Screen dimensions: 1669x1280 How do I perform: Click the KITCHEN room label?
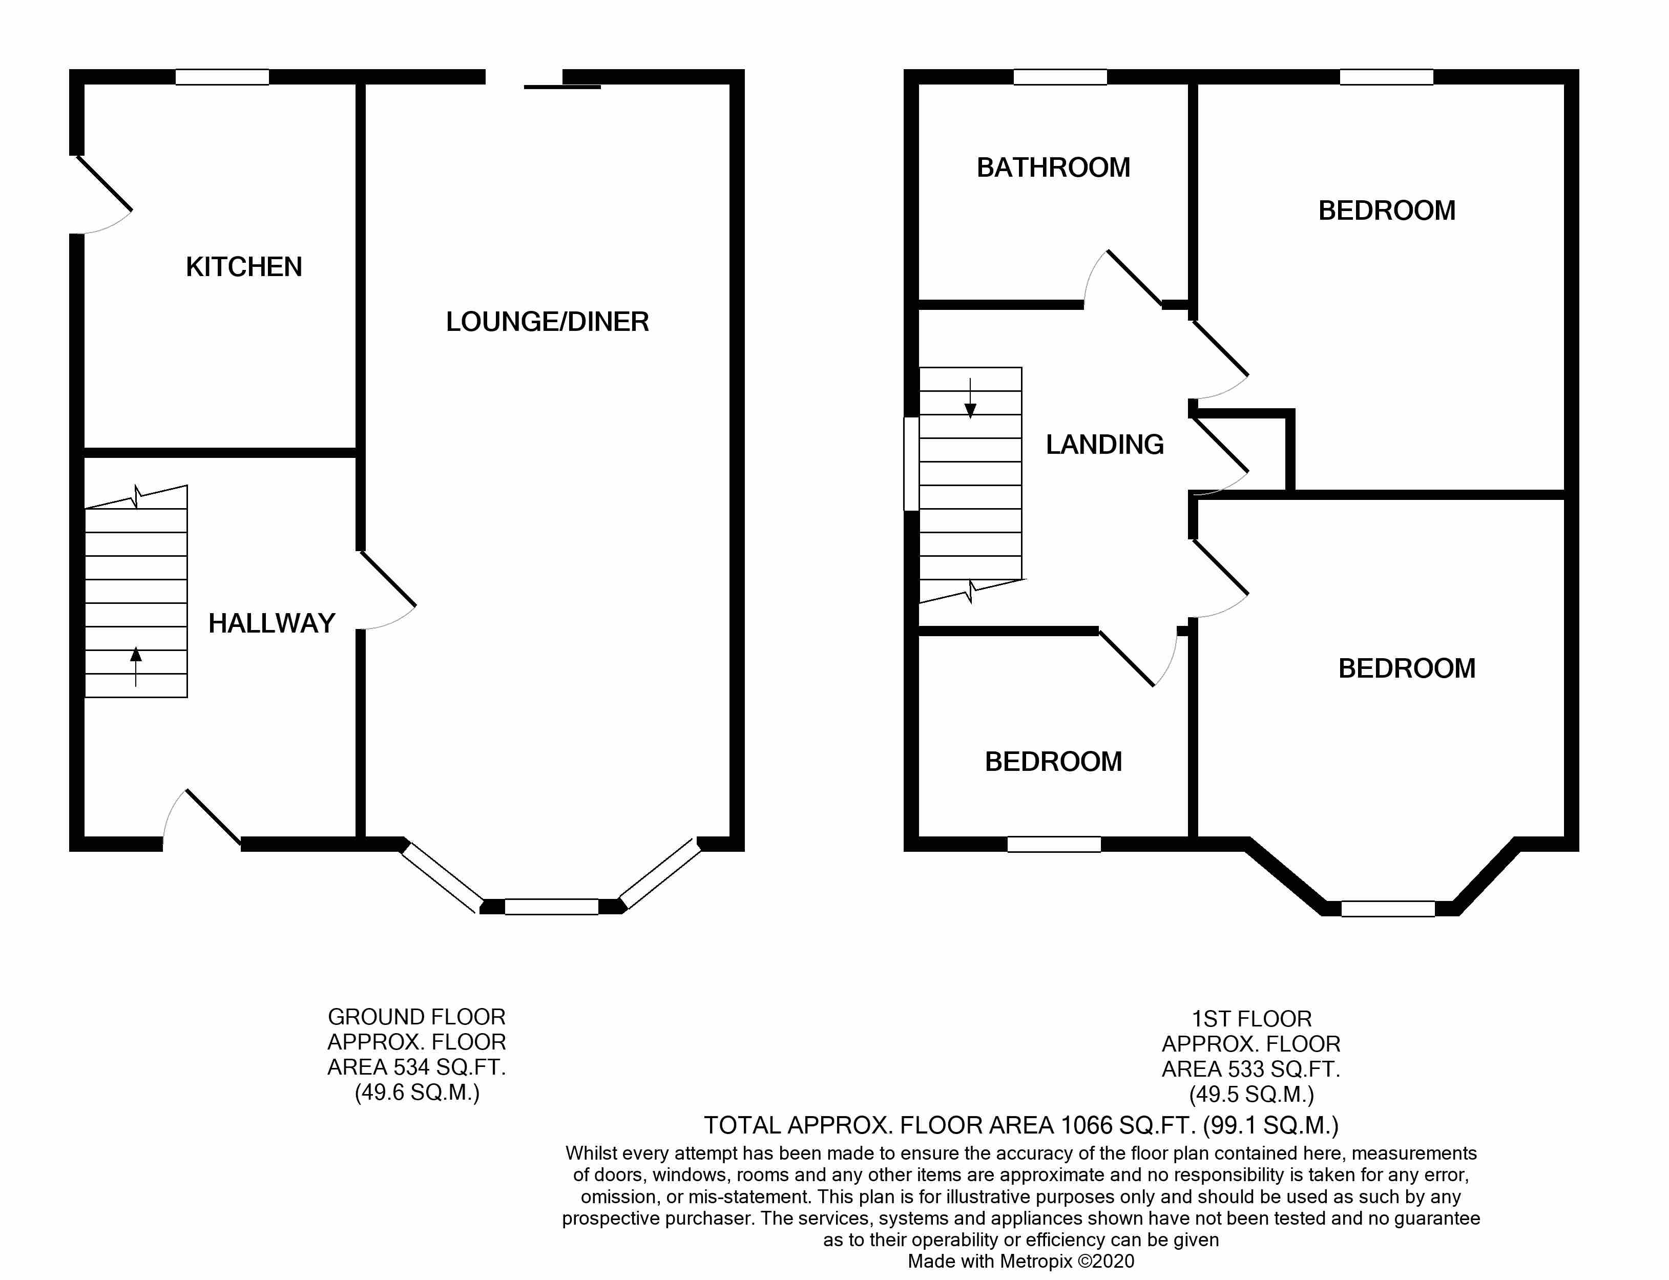pos(244,267)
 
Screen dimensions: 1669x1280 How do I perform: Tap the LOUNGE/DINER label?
pos(547,322)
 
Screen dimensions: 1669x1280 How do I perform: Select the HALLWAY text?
pos(272,623)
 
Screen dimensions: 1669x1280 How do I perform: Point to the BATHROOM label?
pos(1053,167)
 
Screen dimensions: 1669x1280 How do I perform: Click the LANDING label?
pos(1104,444)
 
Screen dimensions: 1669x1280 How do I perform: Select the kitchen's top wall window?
pos(222,77)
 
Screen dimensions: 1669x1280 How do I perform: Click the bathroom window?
pos(1060,77)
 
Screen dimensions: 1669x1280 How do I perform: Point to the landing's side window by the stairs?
pos(911,463)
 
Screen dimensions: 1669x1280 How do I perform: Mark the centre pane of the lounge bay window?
pos(551,907)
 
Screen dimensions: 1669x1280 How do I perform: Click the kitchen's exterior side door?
pos(103,194)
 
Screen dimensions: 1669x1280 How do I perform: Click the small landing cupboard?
pos(1242,453)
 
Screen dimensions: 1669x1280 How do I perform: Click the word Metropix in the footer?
pos(1036,1261)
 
